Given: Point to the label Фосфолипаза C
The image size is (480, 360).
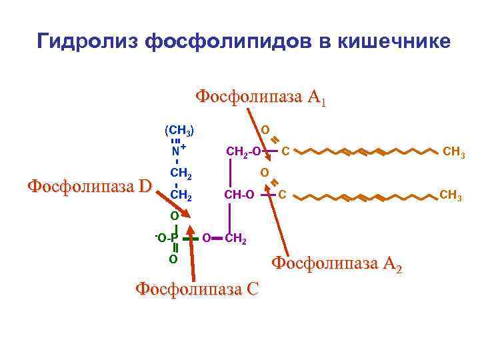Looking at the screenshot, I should click(x=196, y=289).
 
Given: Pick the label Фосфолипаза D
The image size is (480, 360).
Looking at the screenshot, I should click(x=89, y=185).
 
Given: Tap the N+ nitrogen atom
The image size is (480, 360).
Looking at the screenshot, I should click(x=176, y=150).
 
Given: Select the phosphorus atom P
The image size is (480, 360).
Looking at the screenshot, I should click(x=174, y=237).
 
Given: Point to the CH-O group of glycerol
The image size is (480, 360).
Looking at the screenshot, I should click(x=239, y=195).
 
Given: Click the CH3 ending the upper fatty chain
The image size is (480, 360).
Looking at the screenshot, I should click(x=454, y=154).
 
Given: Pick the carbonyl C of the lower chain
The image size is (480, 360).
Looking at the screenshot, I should click(x=283, y=195).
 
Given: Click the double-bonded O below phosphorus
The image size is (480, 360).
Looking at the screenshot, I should click(x=173, y=259).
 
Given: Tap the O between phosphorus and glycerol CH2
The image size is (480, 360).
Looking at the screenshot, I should click(x=206, y=237).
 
